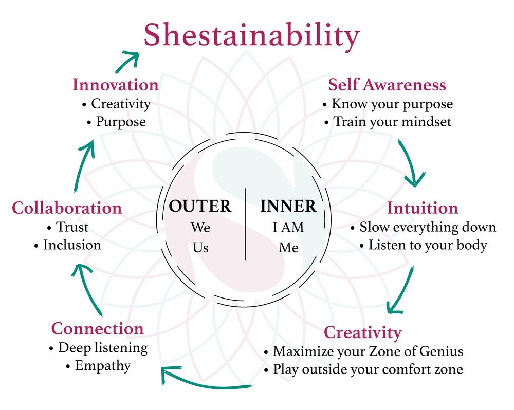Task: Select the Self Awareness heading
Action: [387, 85]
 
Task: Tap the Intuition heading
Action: [422, 208]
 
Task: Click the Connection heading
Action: [97, 329]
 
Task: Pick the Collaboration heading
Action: [66, 208]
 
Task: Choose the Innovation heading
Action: [115, 85]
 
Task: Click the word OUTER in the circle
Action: [200, 206]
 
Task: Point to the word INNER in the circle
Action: [288, 206]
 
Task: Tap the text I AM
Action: [288, 228]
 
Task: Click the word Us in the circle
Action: [200, 248]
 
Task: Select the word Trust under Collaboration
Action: [72, 227]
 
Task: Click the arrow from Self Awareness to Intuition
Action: [410, 161]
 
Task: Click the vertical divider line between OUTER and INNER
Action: [245, 225]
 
